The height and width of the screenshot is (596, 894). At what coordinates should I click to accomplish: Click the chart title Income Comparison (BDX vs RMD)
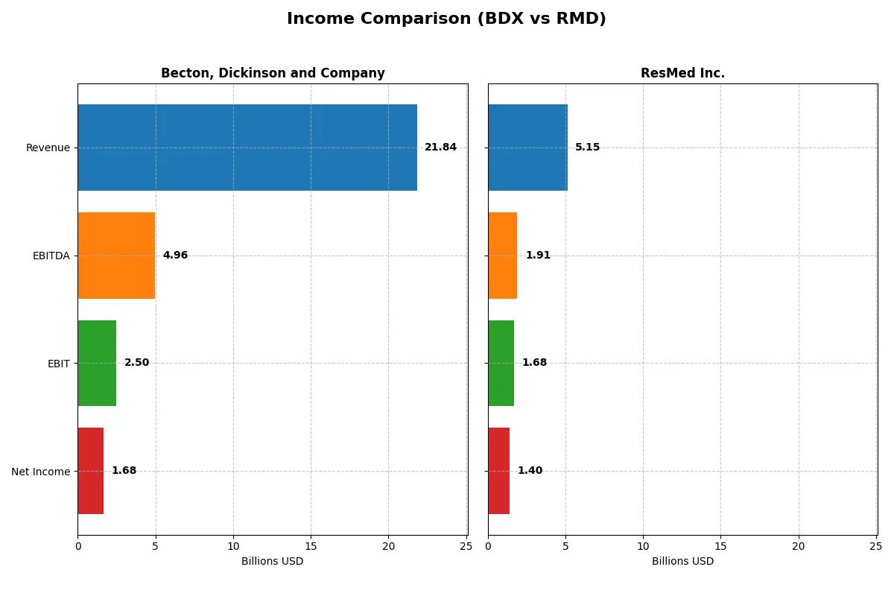(x=446, y=19)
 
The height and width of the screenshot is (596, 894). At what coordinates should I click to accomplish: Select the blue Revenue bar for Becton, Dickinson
(x=247, y=148)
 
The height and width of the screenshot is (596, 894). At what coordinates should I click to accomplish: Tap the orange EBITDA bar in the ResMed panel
(x=503, y=256)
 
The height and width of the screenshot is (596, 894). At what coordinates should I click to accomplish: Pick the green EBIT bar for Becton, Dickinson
(x=97, y=364)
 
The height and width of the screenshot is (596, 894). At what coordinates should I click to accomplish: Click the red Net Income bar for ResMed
(x=499, y=471)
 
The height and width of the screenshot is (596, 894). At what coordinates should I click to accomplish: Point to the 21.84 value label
(x=440, y=148)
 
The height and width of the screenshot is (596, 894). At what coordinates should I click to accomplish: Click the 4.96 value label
(x=175, y=256)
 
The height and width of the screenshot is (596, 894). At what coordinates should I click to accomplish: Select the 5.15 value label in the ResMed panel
(x=587, y=148)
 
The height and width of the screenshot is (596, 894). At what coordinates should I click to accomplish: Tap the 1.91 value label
(x=538, y=256)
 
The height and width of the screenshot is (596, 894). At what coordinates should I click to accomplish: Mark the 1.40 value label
(x=530, y=471)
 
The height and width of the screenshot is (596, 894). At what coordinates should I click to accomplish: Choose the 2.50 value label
(x=136, y=363)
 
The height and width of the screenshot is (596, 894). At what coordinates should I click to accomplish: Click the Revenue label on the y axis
(x=48, y=148)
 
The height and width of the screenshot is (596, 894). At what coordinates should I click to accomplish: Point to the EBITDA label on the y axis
(x=51, y=256)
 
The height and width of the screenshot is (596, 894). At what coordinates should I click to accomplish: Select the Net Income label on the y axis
(x=40, y=472)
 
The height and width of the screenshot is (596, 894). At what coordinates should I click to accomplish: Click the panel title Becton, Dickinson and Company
(x=273, y=73)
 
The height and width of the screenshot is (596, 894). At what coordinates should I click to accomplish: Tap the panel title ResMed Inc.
(x=682, y=73)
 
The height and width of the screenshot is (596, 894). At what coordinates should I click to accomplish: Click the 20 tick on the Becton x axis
(x=388, y=547)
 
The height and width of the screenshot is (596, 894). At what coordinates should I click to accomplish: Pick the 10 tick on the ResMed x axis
(x=643, y=547)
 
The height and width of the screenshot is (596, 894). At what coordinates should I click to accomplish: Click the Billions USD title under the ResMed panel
(x=682, y=562)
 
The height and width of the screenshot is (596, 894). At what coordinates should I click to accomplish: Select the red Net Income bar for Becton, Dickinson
(x=91, y=471)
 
